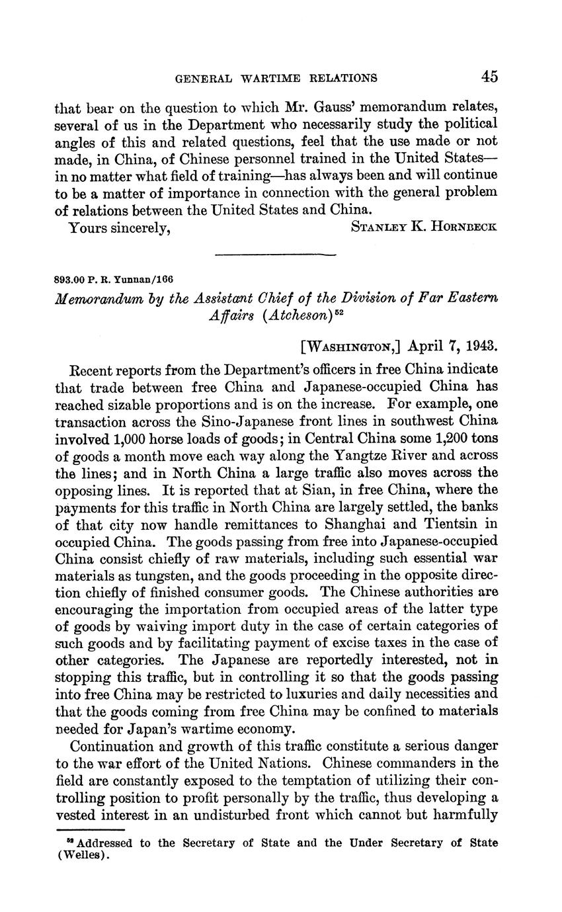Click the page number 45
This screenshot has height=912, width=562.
(x=489, y=77)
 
